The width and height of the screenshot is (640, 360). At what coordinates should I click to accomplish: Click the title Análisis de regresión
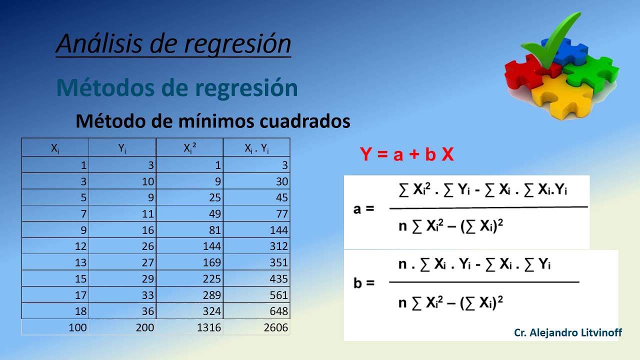(x=173, y=44)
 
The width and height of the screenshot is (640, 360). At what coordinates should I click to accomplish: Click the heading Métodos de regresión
(x=177, y=88)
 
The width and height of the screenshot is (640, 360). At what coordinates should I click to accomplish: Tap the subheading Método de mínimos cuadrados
(x=212, y=121)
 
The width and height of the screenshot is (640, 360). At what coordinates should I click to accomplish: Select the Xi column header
(x=55, y=148)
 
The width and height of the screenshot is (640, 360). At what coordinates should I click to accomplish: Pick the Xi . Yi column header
(x=256, y=148)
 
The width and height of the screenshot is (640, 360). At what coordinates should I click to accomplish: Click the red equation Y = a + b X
(x=406, y=155)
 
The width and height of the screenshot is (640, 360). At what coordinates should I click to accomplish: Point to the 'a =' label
(x=363, y=208)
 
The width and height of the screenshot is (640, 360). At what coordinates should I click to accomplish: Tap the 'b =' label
(x=363, y=283)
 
